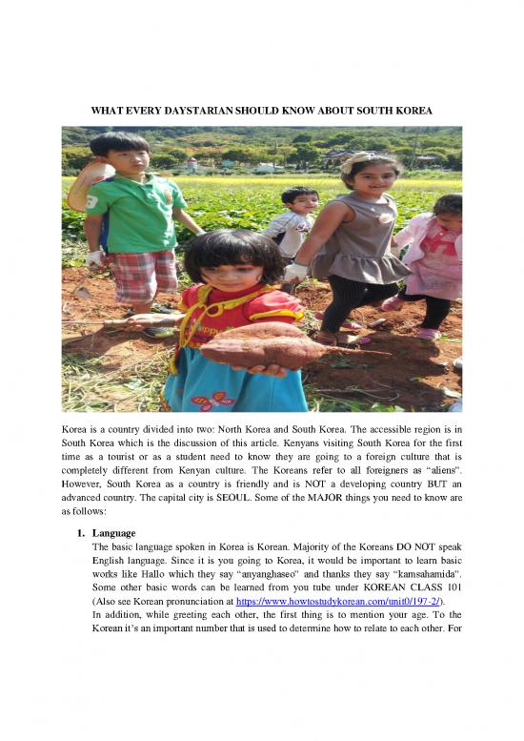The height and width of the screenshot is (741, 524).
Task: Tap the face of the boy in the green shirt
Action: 124,156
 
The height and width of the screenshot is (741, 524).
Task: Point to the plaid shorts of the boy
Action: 143,276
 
